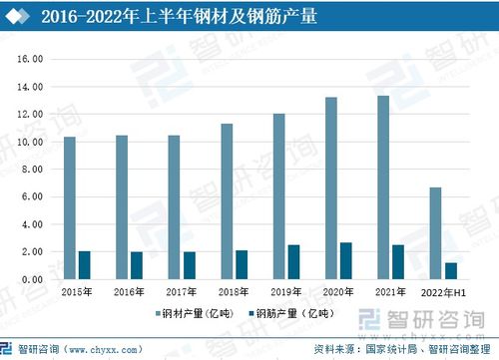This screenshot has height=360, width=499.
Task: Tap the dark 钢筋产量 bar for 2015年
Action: [84, 265]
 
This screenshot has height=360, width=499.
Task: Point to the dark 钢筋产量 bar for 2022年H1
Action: [450, 271]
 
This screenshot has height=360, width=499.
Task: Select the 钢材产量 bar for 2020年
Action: [331, 188]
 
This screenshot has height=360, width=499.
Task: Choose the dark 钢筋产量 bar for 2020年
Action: [345, 261]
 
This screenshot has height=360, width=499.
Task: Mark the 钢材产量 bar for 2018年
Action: [227, 201]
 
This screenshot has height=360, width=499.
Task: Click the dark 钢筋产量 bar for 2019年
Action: [293, 262]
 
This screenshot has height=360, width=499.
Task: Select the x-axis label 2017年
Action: [182, 292]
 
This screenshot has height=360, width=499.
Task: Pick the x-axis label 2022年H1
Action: [442, 292]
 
